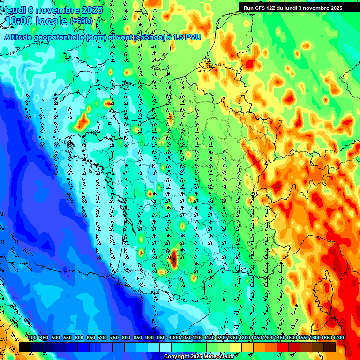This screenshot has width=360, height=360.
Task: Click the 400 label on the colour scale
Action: [32, 337]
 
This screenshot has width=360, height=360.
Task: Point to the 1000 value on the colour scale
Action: [174, 337]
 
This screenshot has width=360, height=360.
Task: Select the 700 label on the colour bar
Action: [103, 337]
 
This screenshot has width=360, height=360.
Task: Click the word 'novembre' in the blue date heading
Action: [58, 10]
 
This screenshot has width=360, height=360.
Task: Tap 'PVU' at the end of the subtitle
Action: [192, 37]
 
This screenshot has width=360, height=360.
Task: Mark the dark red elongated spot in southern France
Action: [174, 258]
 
